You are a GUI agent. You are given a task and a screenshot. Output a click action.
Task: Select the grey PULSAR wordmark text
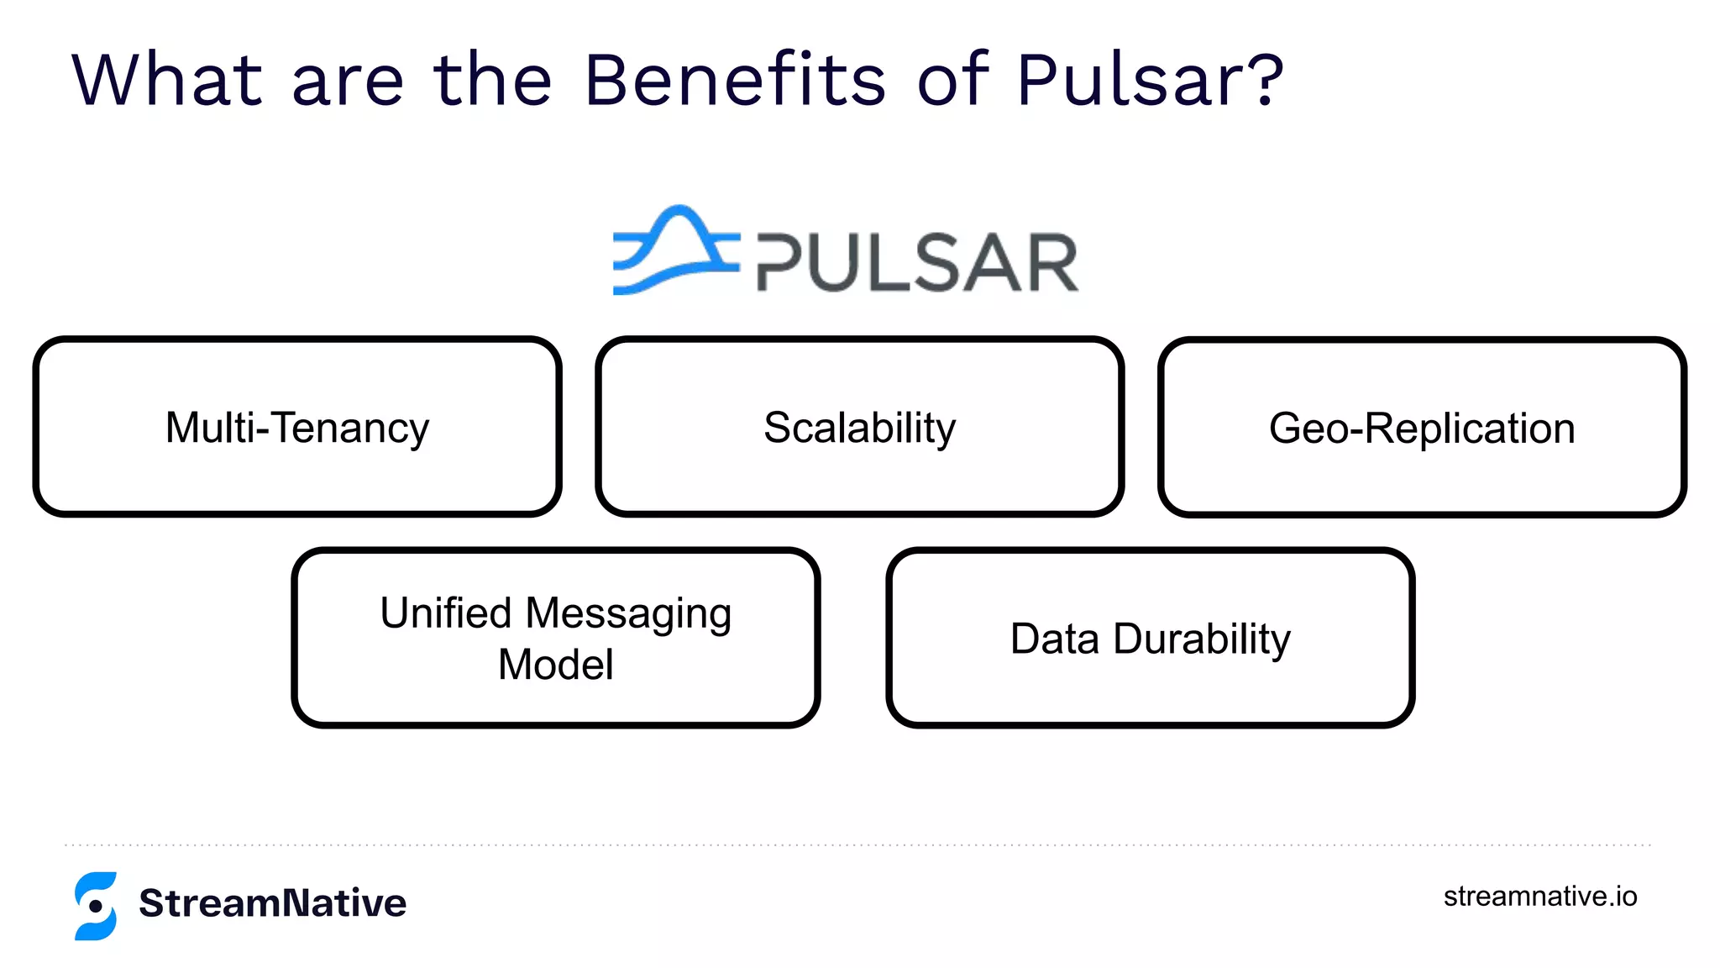(917, 263)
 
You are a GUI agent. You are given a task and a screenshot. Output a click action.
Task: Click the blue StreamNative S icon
(96, 906)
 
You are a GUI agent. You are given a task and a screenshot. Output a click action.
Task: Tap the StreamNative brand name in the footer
(273, 903)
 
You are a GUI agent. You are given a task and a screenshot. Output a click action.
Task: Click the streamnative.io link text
(1540, 897)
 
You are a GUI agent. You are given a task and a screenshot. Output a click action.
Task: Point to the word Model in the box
(556, 665)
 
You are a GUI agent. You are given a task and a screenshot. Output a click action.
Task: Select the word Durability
(1202, 639)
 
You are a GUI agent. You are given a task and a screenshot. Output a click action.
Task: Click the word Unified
(446, 613)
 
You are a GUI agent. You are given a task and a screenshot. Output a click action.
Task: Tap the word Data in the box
(1054, 639)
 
